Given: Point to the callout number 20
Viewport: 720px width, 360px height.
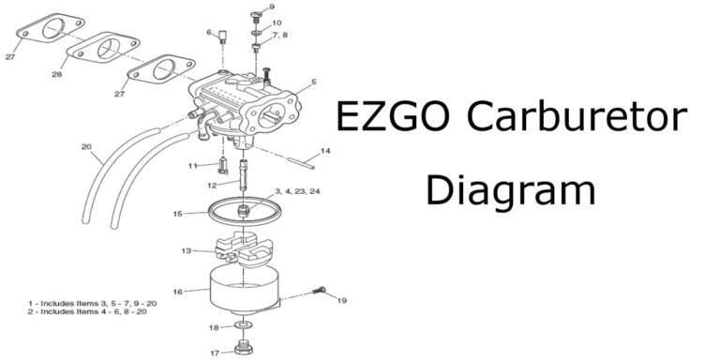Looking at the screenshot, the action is point(86,146).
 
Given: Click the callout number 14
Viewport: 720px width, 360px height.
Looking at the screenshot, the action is point(325,150).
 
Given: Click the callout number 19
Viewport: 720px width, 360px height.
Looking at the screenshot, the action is point(342,301).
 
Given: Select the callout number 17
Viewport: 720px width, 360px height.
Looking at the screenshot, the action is point(215,353).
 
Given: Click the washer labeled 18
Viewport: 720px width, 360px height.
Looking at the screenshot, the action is point(244,326).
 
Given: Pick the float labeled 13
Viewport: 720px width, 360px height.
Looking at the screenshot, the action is point(241,250).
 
